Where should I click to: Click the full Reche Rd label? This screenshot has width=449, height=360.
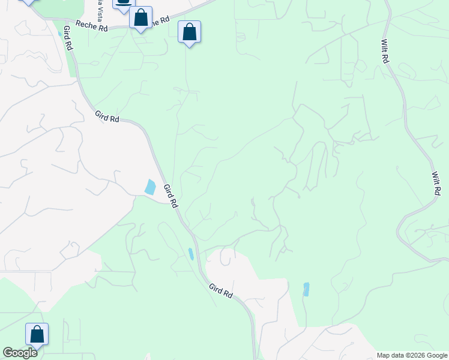pos(92,27)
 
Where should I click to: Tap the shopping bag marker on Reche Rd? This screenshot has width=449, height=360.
pos(140,17)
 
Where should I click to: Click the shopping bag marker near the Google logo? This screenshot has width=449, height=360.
pos(37,334)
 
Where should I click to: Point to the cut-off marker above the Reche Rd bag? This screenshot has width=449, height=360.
pos(123,5)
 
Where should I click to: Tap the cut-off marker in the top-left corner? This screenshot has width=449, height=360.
pos(27,2)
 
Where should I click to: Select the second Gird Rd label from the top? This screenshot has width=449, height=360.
pos(106,116)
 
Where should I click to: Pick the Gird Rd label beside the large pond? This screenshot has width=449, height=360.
pos(171,196)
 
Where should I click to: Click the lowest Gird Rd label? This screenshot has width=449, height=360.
pos(221,292)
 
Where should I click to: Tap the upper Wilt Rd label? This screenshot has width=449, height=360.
pos(385,52)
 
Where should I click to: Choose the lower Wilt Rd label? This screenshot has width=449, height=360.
pos(436,183)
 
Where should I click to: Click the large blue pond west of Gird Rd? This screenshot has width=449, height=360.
pos(150,187)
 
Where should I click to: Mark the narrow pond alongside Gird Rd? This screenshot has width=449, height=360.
pos(191,254)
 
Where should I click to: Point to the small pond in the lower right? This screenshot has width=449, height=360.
pos(306,289)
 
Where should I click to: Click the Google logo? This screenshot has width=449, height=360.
pos(20,353)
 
